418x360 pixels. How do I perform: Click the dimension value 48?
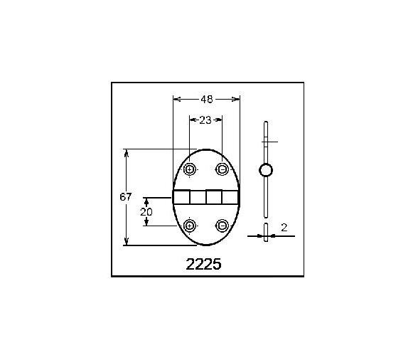click(x=205, y=99)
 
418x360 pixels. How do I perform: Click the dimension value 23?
click(x=205, y=120)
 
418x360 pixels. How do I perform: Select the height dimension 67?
click(x=126, y=197)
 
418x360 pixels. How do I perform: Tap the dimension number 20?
click(x=146, y=211)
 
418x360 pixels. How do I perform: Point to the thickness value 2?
click(x=284, y=228)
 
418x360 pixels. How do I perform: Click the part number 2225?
click(x=203, y=264)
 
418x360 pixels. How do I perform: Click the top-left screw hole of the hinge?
click(x=190, y=169)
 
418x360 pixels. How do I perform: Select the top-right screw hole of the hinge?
click(x=223, y=169)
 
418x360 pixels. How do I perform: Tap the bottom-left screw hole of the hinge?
click(x=190, y=226)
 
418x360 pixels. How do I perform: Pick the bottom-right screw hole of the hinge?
click(x=223, y=226)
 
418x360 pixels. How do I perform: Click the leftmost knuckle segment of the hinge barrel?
click(x=181, y=198)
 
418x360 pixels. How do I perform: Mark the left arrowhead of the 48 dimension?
click(x=176, y=99)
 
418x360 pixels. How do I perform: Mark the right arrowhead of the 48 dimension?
click(x=237, y=99)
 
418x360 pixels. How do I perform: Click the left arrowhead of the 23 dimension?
click(x=192, y=120)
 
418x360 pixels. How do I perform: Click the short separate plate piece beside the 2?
click(x=265, y=233)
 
